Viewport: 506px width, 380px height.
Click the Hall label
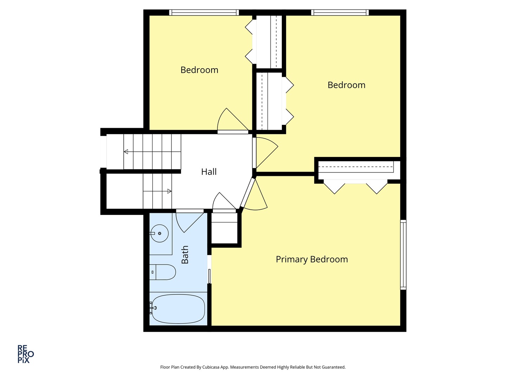(x=209, y=172)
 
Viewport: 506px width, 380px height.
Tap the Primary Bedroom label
(x=312, y=259)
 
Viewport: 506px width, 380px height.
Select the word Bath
(x=185, y=255)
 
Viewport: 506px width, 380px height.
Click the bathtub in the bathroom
(x=178, y=309)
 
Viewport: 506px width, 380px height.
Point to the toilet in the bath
(x=163, y=272)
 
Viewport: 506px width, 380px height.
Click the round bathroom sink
(x=160, y=233)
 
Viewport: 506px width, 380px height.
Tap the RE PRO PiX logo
(x=26, y=354)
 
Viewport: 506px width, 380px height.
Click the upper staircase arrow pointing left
(x=126, y=152)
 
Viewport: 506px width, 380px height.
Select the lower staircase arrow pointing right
(x=169, y=191)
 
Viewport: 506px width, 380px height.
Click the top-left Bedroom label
(x=199, y=70)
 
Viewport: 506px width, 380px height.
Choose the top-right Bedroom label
(x=346, y=85)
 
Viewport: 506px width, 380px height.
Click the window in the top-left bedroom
(x=204, y=13)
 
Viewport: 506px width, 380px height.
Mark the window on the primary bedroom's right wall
(x=403, y=254)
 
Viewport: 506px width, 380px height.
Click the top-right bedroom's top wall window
(x=340, y=13)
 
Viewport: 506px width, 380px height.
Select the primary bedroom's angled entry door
(x=254, y=195)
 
